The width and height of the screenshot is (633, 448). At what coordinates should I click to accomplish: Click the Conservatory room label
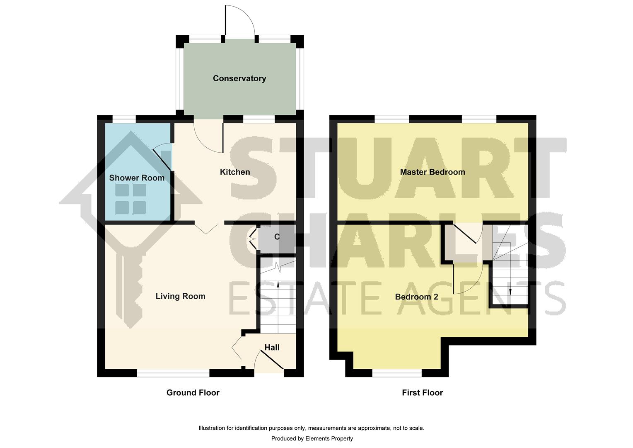click(x=239, y=78)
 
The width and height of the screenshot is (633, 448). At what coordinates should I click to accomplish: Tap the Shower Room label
click(x=137, y=178)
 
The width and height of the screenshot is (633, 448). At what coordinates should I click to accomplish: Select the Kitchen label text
click(x=235, y=172)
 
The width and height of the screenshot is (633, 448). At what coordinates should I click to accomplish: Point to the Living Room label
click(x=180, y=296)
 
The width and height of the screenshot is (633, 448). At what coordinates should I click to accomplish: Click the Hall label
click(x=272, y=348)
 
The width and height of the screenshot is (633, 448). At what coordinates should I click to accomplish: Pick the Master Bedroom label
click(x=432, y=172)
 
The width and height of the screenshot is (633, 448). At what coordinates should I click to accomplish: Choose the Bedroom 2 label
click(x=416, y=297)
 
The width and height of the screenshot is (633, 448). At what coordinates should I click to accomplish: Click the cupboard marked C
click(x=277, y=237)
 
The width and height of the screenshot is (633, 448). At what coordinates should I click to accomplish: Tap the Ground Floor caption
click(x=193, y=393)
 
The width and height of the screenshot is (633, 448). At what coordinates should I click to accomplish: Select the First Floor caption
click(x=422, y=393)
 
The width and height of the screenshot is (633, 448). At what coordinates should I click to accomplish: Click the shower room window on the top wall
click(x=124, y=119)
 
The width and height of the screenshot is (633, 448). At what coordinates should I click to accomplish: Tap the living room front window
click(x=173, y=374)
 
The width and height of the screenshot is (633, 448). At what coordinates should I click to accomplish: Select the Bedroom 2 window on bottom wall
click(x=397, y=374)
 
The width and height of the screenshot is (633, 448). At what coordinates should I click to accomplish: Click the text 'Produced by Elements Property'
click(x=312, y=438)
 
